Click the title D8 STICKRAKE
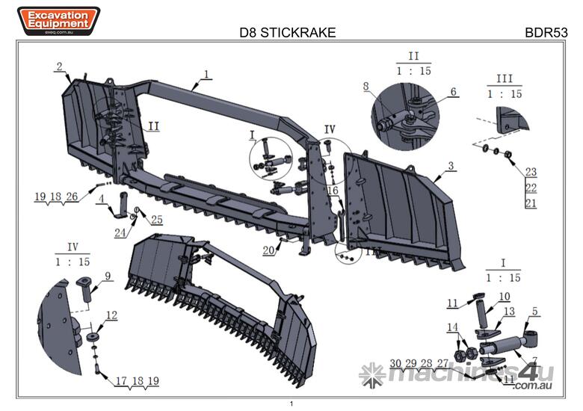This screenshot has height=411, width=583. click(287, 33)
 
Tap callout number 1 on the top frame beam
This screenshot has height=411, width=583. click(207, 75)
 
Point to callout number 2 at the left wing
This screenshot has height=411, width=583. click(58, 67)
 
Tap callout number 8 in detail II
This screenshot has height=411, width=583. click(366, 87)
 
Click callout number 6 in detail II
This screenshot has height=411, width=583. click(453, 92)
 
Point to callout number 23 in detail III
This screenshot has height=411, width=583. click(531, 171)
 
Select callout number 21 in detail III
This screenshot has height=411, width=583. click(531, 203)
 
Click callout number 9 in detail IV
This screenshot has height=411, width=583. click(108, 276)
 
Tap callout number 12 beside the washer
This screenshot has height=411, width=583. click(111, 315)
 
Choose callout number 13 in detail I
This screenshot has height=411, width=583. click(509, 311)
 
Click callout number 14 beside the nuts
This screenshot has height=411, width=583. click(452, 327)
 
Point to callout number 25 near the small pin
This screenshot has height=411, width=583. click(156, 219)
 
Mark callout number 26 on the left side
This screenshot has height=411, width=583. click(71, 197)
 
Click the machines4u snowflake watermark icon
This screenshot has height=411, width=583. click(371, 374)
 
